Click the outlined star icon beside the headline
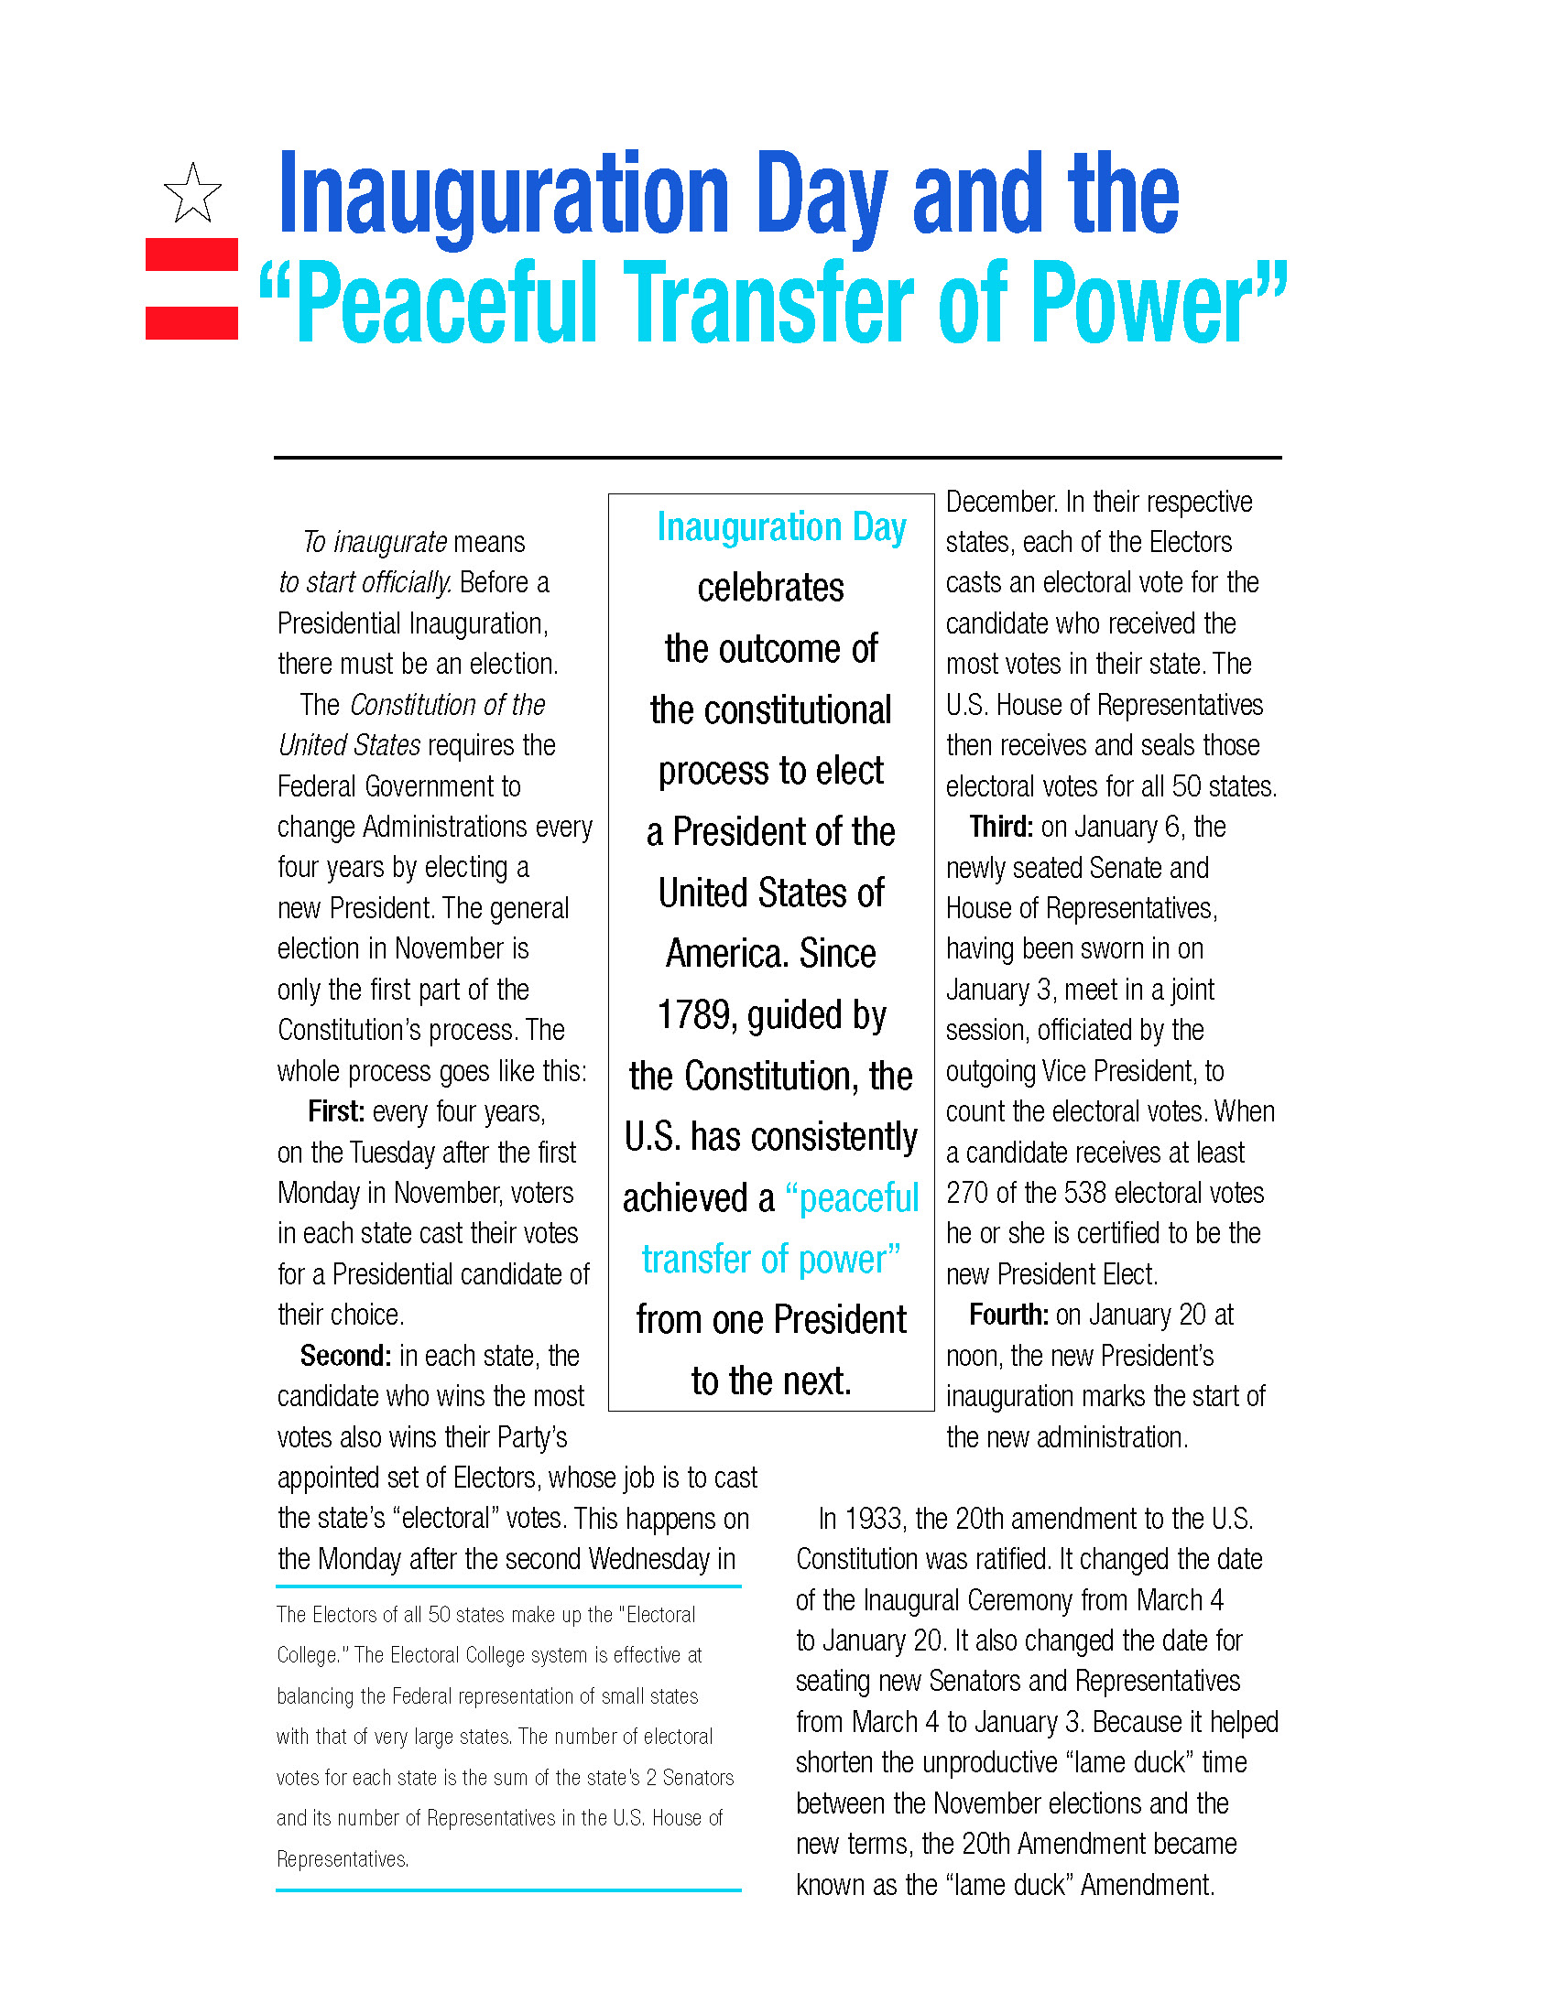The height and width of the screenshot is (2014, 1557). point(192,194)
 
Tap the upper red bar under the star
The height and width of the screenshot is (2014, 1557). point(191,254)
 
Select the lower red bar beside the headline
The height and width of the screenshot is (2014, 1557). point(191,323)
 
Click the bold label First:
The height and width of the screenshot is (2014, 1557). point(336,1111)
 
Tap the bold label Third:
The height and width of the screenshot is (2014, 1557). point(1001,827)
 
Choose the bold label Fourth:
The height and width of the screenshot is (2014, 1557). point(1008,1314)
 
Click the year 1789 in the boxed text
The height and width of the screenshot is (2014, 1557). point(693,1014)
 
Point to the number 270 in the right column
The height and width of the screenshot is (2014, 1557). point(966,1192)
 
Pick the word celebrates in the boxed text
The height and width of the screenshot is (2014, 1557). point(770,588)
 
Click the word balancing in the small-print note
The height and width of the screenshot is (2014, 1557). point(314,1695)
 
